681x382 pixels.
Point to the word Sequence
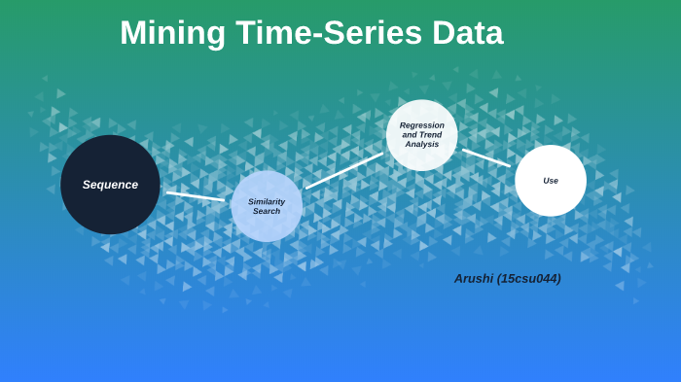pyautogui.click(x=110, y=185)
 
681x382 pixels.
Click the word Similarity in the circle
pyautogui.click(x=267, y=201)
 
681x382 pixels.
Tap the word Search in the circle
pyautogui.click(x=267, y=211)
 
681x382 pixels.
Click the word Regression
pyautogui.click(x=421, y=124)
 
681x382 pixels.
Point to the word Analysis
pyautogui.click(x=421, y=144)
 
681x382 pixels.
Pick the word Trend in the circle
pyautogui.click(x=428, y=134)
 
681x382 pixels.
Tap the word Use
pyautogui.click(x=551, y=181)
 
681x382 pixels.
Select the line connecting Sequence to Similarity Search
pyautogui.click(x=195, y=195)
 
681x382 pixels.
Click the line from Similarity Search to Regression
pyautogui.click(x=344, y=170)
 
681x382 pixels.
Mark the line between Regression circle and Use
pyautogui.click(x=485, y=157)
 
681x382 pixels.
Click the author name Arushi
pyautogui.click(x=474, y=279)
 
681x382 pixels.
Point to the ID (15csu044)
pyautogui.click(x=529, y=279)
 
